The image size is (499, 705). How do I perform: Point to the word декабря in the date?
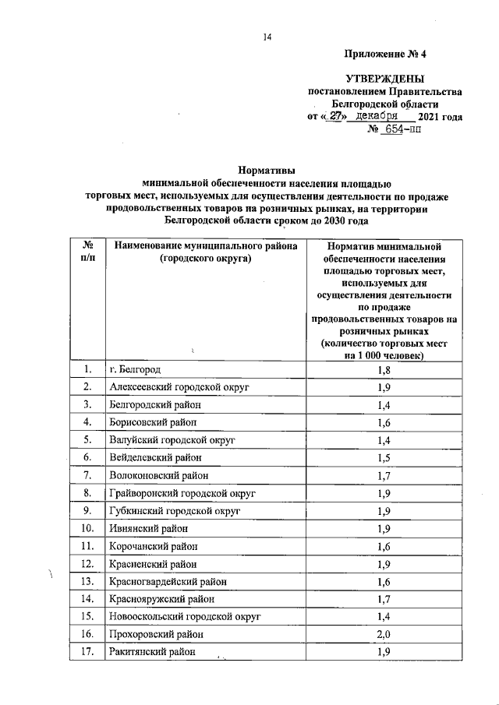pos(378,116)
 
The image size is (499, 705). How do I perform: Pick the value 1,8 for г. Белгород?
pos(382,369)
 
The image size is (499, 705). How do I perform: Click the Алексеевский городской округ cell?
pos(175,386)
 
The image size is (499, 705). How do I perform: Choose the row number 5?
pos(90,439)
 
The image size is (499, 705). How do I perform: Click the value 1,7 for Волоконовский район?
pos(382,475)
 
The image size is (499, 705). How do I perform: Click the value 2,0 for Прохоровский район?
pos(382,634)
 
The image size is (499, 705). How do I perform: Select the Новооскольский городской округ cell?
pos(184,617)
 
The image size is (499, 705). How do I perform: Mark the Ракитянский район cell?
pos(153,652)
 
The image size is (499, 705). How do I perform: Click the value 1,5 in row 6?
pos(382,457)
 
